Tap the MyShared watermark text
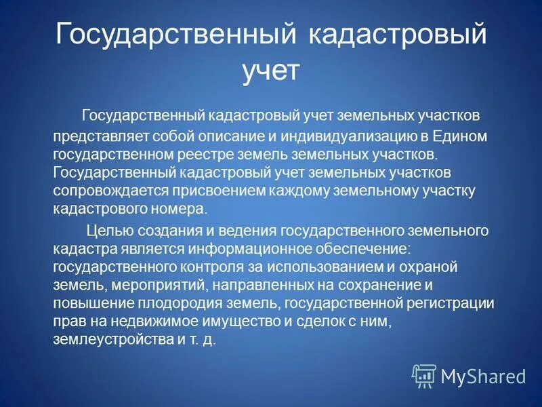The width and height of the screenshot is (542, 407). (482, 376)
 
